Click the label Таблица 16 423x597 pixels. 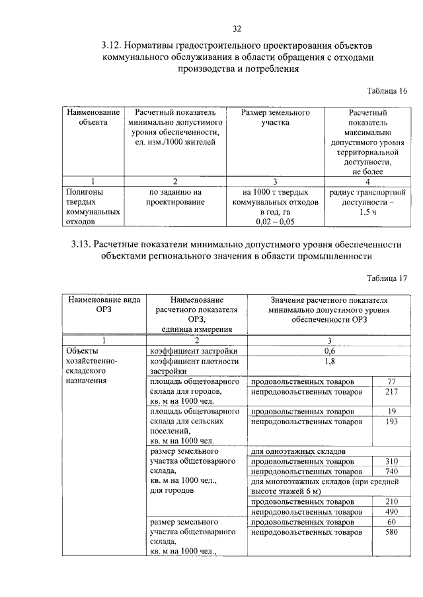click(x=387, y=90)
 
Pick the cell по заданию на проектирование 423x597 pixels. click(x=174, y=197)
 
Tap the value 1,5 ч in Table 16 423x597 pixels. click(x=368, y=213)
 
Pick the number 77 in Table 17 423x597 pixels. click(x=391, y=382)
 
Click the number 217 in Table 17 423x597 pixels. click(x=391, y=392)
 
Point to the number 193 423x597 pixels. click(x=391, y=421)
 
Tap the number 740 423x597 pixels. click(x=391, y=472)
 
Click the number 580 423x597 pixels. click(x=391, y=532)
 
